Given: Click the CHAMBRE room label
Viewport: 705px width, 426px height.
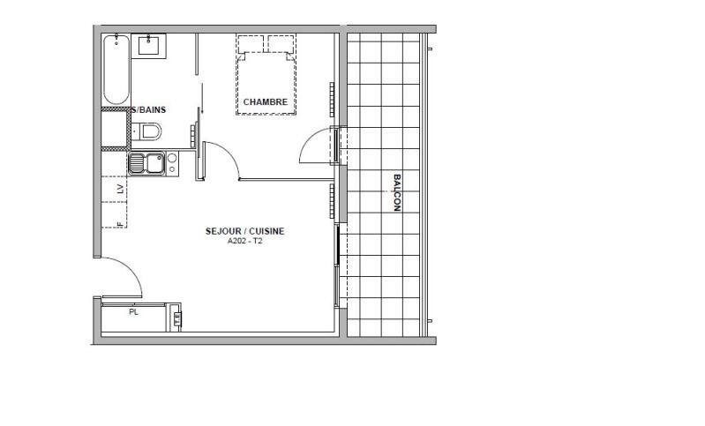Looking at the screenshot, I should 266,102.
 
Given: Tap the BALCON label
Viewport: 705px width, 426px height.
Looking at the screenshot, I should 396,192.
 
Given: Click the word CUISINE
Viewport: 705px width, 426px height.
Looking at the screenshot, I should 267,231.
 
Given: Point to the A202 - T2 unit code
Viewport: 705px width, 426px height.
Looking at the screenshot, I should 244,241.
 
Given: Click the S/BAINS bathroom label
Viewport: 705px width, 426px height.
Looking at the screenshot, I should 150,110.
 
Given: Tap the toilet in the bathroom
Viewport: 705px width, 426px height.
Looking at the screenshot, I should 149,132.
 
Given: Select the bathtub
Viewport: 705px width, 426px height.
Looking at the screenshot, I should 116,70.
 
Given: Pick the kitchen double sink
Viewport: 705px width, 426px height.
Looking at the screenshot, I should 146,163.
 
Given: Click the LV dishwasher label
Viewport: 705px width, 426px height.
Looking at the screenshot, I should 119,188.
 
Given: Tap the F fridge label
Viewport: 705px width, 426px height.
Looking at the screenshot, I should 119,224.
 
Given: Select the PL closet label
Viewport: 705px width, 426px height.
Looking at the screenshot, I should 134,312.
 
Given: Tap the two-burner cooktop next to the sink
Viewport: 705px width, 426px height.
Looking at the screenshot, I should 172,162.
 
